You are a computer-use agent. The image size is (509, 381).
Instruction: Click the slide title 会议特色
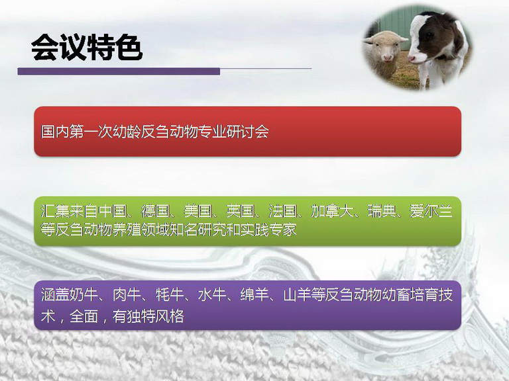click(x=87, y=48)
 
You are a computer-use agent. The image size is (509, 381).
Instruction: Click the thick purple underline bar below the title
click(x=119, y=71)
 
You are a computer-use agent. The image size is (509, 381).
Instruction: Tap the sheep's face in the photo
click(x=385, y=48)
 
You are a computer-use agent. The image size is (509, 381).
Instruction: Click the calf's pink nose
click(x=412, y=59)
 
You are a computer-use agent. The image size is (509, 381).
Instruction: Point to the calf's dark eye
click(x=429, y=35)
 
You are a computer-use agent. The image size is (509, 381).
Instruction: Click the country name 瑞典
click(x=382, y=211)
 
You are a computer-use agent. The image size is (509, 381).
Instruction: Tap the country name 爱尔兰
click(x=431, y=211)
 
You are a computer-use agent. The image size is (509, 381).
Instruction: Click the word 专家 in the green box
click(x=282, y=230)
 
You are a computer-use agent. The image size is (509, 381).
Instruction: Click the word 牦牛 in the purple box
click(x=170, y=295)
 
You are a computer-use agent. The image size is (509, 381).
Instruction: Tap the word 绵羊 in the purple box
click(x=254, y=295)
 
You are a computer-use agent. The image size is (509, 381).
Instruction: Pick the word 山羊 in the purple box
click(x=298, y=295)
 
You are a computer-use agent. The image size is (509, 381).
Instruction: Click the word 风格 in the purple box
click(x=170, y=316)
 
